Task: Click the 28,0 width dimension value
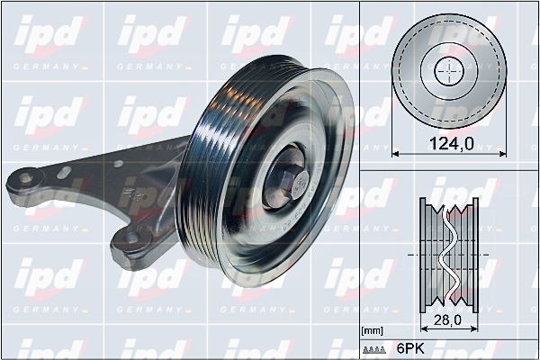coord(447,320)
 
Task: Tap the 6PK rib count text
coord(411,348)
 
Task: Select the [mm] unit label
coord(373,331)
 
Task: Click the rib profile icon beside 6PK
coord(374,350)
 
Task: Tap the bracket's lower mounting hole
coord(131,238)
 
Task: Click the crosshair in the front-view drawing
coord(449,71)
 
